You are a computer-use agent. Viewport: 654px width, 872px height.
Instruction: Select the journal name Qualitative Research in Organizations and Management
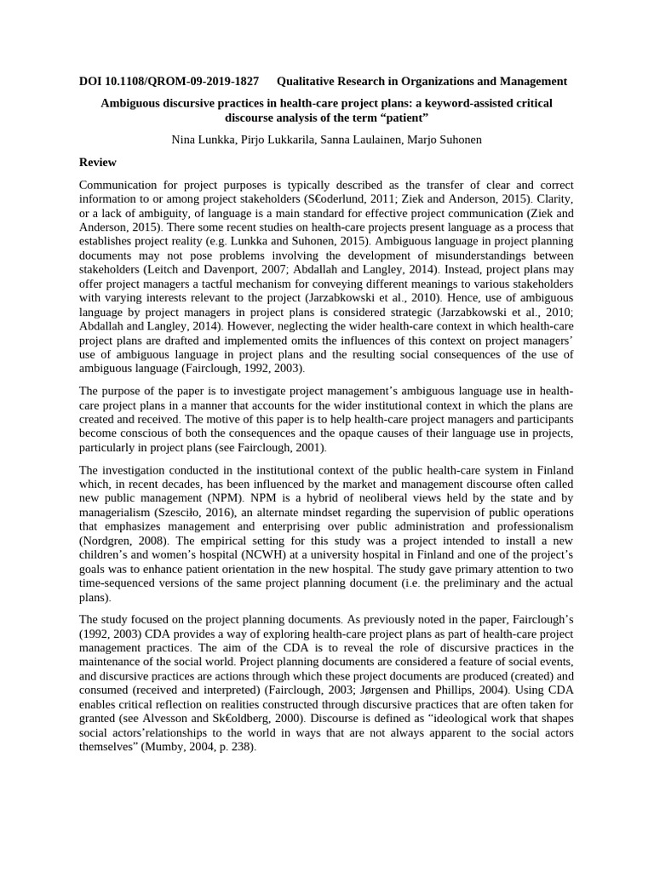pyautogui.click(x=422, y=82)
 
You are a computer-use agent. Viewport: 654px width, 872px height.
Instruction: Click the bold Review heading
pyautogui.click(x=97, y=162)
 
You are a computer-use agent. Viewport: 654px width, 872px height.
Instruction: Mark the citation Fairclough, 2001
pyautogui.click(x=284, y=447)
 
